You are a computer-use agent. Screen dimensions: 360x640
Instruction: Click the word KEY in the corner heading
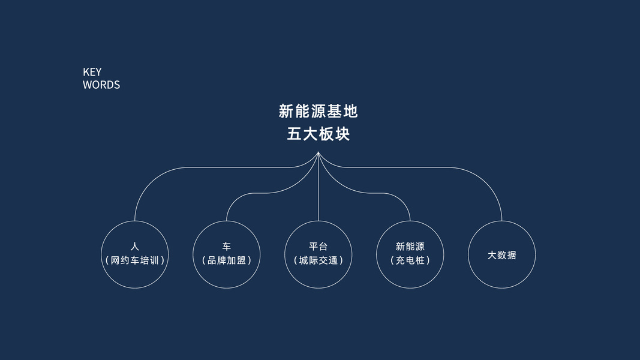pyautogui.click(x=92, y=72)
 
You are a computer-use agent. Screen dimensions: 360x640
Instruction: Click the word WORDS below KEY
pyautogui.click(x=101, y=85)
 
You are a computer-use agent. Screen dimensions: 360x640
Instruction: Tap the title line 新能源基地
pyautogui.click(x=318, y=111)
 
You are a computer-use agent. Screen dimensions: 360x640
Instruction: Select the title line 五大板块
pyautogui.click(x=318, y=134)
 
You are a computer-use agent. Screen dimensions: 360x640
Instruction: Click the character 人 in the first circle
pyautogui.click(x=134, y=247)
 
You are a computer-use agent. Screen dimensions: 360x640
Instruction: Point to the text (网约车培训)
pyautogui.click(x=134, y=261)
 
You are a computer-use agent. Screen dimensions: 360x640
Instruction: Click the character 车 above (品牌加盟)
pyautogui.click(x=226, y=247)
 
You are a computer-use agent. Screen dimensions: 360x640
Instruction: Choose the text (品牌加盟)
pyautogui.click(x=226, y=261)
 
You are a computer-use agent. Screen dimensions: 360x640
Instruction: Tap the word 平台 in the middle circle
pyautogui.click(x=318, y=247)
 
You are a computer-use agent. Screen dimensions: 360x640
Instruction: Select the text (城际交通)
pyautogui.click(x=318, y=261)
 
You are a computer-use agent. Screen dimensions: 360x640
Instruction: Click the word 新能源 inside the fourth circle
pyautogui.click(x=410, y=247)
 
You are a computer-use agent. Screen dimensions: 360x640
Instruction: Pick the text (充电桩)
pyautogui.click(x=410, y=261)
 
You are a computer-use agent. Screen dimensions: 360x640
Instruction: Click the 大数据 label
pyautogui.click(x=501, y=255)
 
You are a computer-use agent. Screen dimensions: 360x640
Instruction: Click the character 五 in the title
pyautogui.click(x=294, y=134)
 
